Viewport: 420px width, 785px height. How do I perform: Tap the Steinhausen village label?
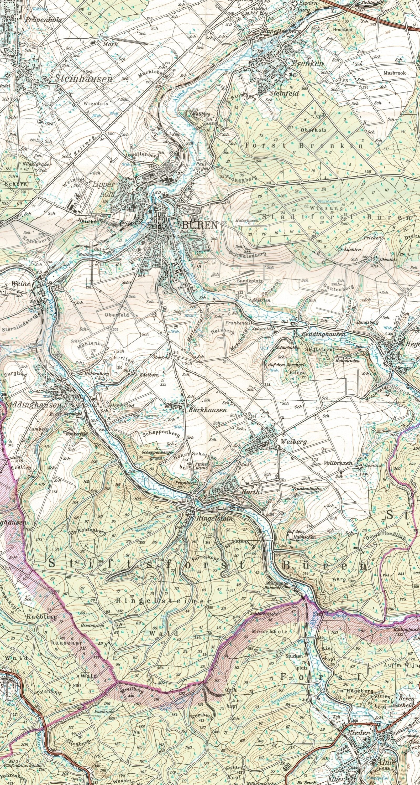point(83,79)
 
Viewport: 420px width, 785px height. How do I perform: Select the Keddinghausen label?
point(323,334)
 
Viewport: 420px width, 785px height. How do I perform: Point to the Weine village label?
point(21,283)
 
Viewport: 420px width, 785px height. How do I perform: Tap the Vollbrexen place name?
point(338,463)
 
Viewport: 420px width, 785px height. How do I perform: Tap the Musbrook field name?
point(395,73)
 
